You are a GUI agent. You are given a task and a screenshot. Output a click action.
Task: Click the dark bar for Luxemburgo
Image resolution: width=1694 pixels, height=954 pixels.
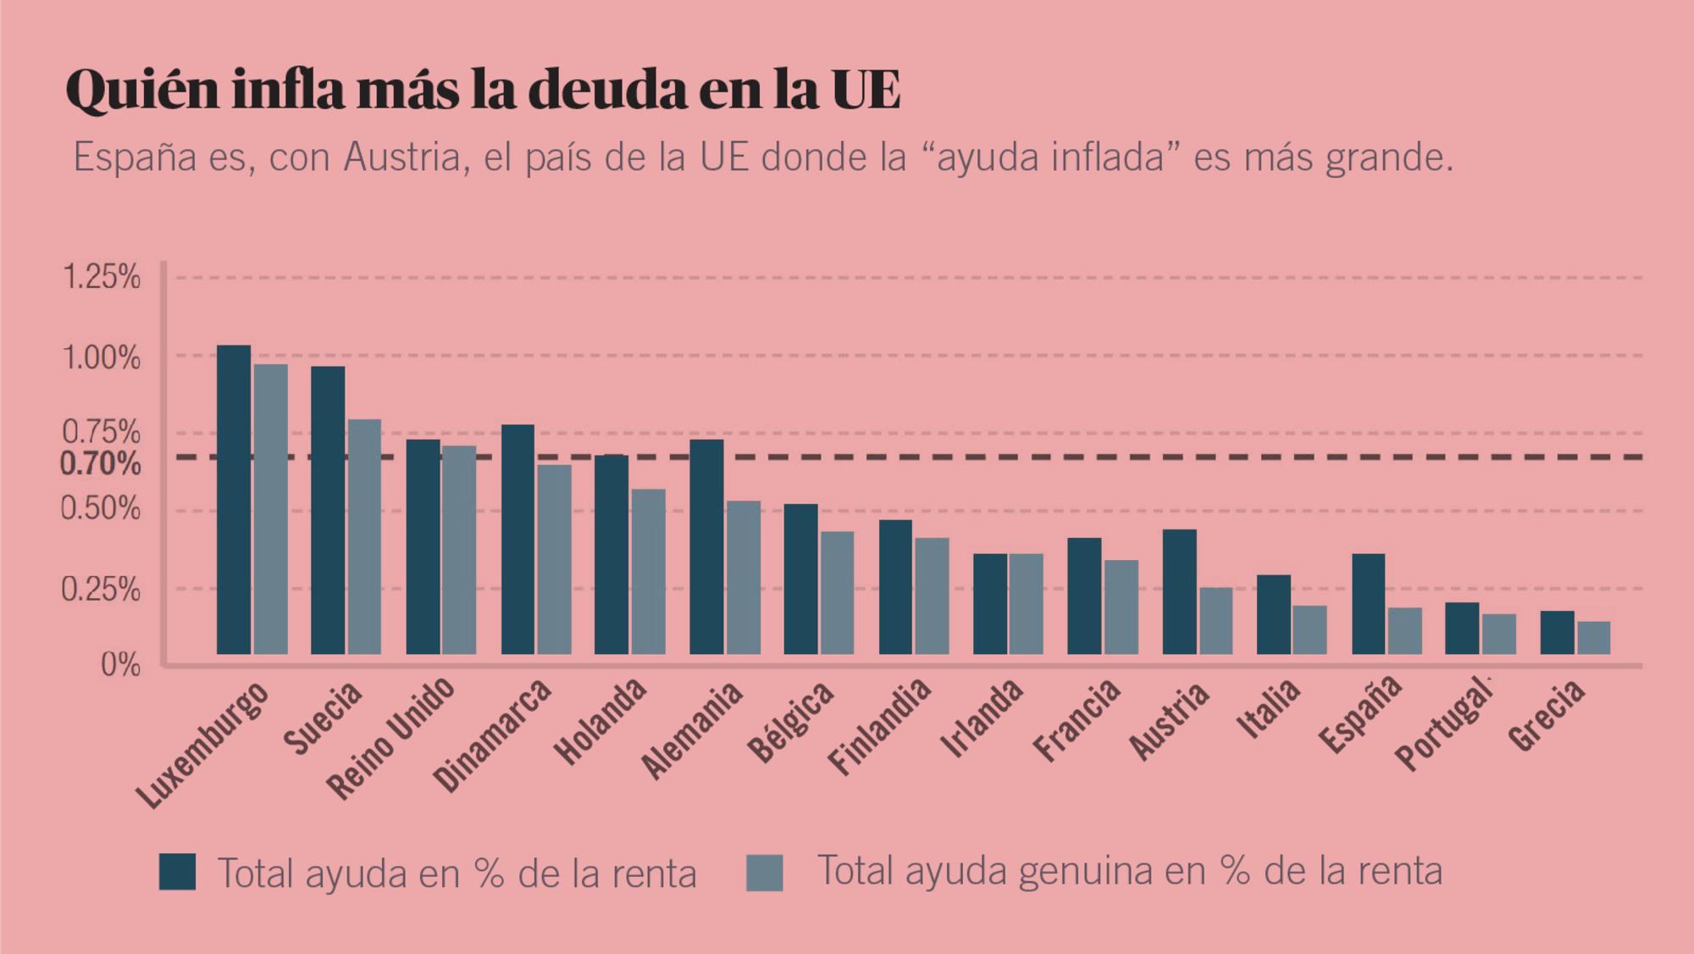pyautogui.click(x=234, y=499)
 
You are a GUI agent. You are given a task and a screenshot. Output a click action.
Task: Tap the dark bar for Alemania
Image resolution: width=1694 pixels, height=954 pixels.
pyautogui.click(x=706, y=546)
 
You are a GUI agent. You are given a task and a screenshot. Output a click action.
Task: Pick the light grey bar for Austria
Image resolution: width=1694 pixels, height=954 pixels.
pyautogui.click(x=1215, y=620)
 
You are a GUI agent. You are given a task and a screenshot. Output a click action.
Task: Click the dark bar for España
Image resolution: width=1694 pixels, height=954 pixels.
pyautogui.click(x=1368, y=603)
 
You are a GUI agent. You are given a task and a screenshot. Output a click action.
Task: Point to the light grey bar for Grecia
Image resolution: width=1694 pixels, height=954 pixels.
pyautogui.click(x=1593, y=637)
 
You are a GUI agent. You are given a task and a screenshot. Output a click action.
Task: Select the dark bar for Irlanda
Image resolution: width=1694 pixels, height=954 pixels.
pyautogui.click(x=990, y=603)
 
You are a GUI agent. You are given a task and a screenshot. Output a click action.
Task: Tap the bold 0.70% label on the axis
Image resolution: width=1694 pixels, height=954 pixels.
pyautogui.click(x=100, y=464)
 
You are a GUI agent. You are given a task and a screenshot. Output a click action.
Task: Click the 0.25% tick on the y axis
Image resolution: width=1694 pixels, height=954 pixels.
pyautogui.click(x=100, y=590)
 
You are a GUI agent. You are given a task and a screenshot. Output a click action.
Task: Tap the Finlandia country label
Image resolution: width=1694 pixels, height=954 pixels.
pyautogui.click(x=879, y=726)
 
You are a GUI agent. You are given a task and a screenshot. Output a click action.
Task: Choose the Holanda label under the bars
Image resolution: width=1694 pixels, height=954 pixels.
pyautogui.click(x=600, y=722)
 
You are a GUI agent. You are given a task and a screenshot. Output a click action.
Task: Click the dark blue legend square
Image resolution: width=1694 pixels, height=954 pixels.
pyautogui.click(x=177, y=872)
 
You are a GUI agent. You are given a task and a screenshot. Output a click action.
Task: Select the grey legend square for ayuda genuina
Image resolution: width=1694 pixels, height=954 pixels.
pyautogui.click(x=764, y=873)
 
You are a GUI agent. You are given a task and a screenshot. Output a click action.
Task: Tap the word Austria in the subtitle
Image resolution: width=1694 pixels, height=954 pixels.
pyautogui.click(x=401, y=158)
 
